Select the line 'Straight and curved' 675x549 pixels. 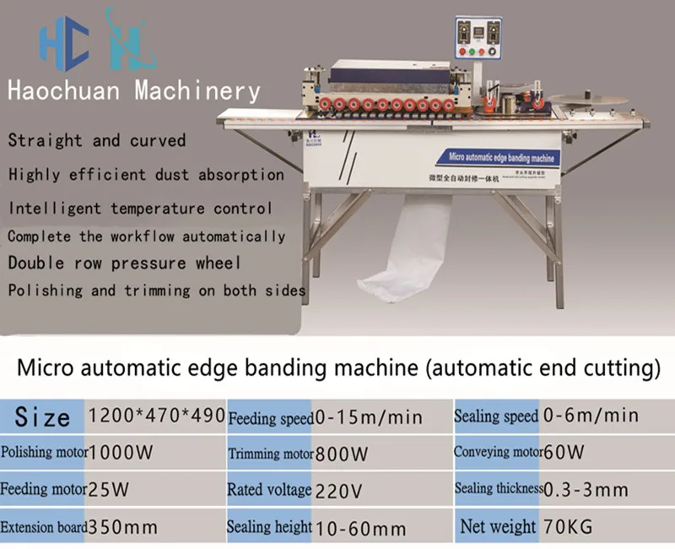[x=96, y=140]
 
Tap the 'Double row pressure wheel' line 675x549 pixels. [x=124, y=262]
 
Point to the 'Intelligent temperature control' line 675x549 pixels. [x=140, y=207]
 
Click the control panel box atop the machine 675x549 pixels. [x=478, y=38]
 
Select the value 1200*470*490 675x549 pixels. [x=156, y=416]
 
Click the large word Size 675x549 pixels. [x=42, y=416]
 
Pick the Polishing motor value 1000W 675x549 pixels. [x=121, y=453]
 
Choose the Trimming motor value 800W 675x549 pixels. [x=341, y=454]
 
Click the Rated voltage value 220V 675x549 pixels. [x=338, y=490]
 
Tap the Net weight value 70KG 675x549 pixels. [x=568, y=527]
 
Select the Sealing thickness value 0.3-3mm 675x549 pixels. [x=586, y=490]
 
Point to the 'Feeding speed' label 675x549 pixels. [x=270, y=418]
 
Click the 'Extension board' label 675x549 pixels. [x=44, y=529]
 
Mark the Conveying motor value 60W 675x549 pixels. [x=564, y=453]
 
